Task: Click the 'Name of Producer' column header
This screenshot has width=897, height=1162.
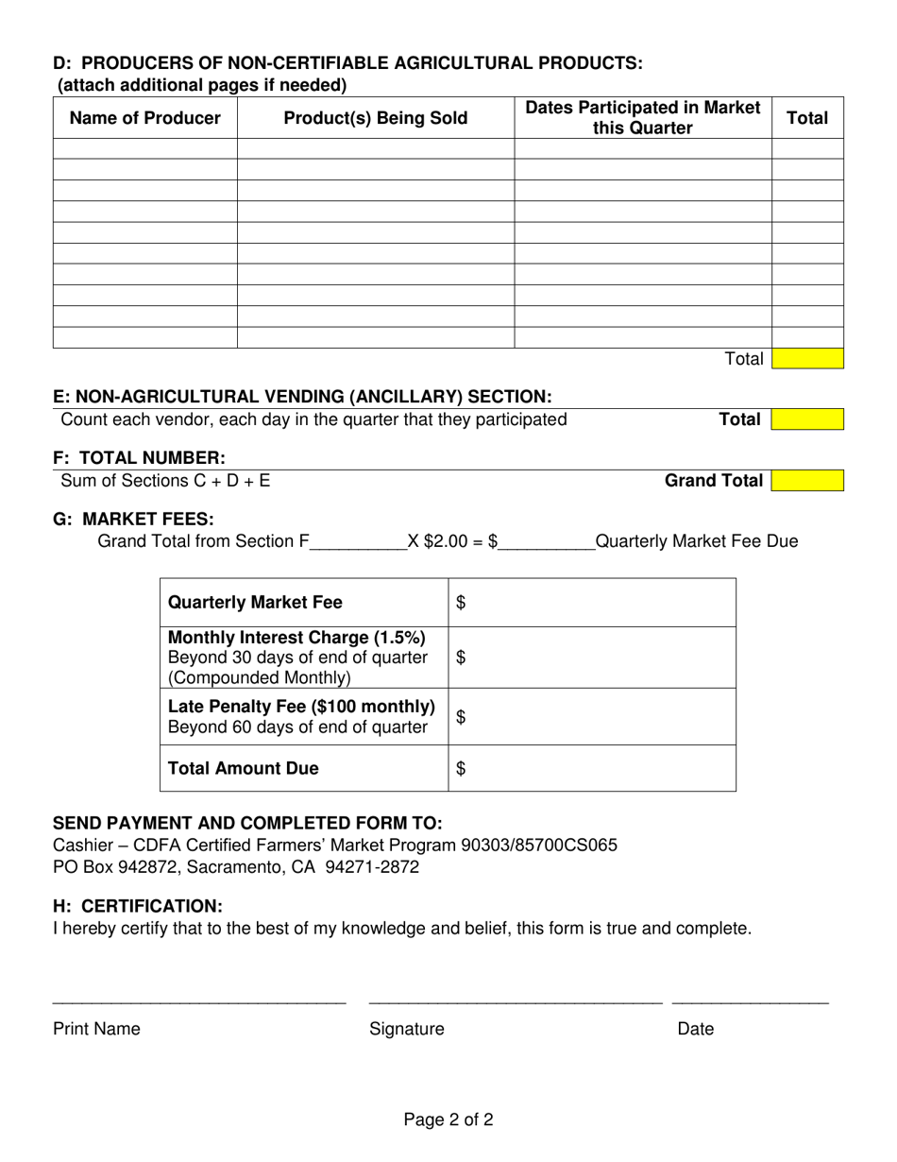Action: tap(145, 118)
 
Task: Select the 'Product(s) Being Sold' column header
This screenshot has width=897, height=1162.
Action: tap(376, 118)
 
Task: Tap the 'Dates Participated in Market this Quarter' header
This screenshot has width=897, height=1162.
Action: tap(643, 118)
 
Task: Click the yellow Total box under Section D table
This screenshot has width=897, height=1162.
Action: tap(807, 359)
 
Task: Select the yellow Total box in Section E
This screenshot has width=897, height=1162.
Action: tap(807, 419)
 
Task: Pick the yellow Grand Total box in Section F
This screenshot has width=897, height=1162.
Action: tap(807, 481)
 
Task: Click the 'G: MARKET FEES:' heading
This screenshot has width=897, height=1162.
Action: tap(133, 519)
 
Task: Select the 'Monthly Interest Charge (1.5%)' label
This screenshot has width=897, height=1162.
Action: tap(296, 639)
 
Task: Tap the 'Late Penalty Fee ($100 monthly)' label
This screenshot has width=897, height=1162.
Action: tap(301, 707)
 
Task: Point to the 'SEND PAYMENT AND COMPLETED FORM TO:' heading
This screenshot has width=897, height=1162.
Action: tap(247, 822)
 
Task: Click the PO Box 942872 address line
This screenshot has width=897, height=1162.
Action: tap(236, 866)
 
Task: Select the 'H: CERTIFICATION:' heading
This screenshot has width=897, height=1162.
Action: tap(138, 906)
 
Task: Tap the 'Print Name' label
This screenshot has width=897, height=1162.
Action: tap(96, 1029)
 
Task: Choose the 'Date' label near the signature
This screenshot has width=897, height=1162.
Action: tap(696, 1029)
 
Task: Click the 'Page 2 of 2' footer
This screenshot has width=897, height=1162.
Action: tap(448, 1120)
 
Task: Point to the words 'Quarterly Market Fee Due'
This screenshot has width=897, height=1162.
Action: tap(697, 541)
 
